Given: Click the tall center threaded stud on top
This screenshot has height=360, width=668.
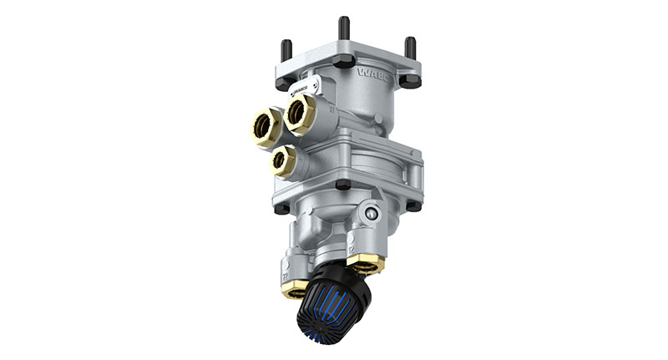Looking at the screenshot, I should click(344, 30).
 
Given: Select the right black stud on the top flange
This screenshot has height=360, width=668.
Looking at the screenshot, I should click(410, 48).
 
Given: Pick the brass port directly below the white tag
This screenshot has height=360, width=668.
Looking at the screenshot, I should click(300, 113).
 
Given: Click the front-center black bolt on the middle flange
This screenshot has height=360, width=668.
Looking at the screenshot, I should click(342, 185).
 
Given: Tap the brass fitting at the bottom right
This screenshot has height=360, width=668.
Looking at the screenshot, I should click(366, 264).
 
